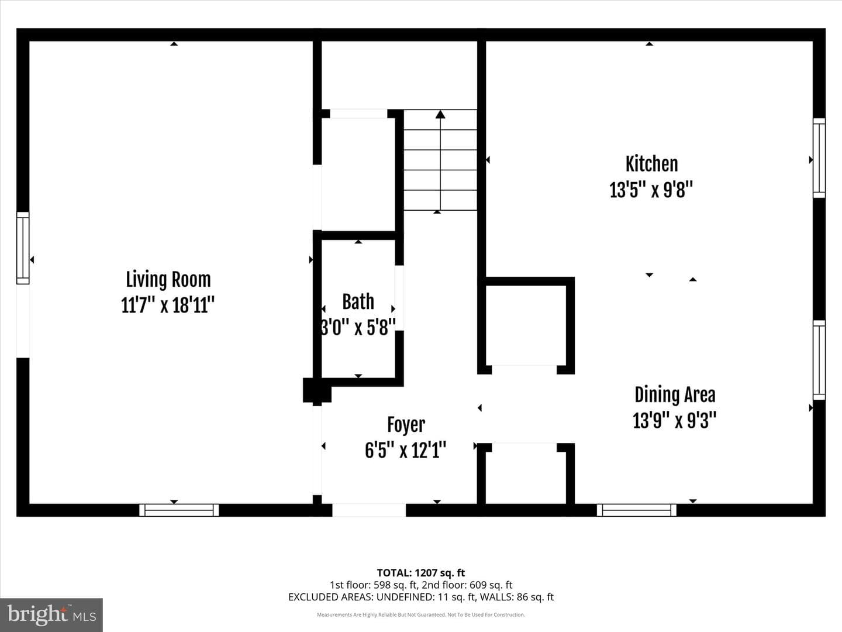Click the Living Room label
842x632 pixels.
pyautogui.click(x=168, y=279)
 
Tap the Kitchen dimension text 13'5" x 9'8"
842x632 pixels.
pyautogui.click(x=651, y=190)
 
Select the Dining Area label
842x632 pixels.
pyautogui.click(x=675, y=395)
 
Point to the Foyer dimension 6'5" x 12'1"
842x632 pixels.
pyautogui.click(x=405, y=450)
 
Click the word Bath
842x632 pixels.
pyautogui.click(x=358, y=301)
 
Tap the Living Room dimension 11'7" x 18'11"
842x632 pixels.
pyautogui.click(x=168, y=305)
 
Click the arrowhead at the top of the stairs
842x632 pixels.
pyautogui.click(x=440, y=114)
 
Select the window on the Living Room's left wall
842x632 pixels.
pyautogui.click(x=23, y=248)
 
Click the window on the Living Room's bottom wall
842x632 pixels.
pyautogui.click(x=179, y=510)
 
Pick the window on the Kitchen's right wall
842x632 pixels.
pyautogui.click(x=819, y=158)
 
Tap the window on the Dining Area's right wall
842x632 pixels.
pyautogui.click(x=819, y=360)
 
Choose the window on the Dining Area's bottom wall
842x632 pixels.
pyautogui.click(x=636, y=510)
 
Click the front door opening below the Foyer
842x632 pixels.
pyautogui.click(x=368, y=510)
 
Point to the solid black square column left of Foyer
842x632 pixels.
pyautogui.click(x=317, y=390)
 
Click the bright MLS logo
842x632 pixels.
pyautogui.click(x=51, y=614)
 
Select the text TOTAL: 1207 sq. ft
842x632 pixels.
pyautogui.click(x=421, y=572)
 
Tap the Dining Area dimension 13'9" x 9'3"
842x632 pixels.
pyautogui.click(x=674, y=420)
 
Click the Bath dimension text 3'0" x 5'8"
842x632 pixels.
pyautogui.click(x=358, y=327)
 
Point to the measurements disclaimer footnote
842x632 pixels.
pyautogui.click(x=421, y=614)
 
